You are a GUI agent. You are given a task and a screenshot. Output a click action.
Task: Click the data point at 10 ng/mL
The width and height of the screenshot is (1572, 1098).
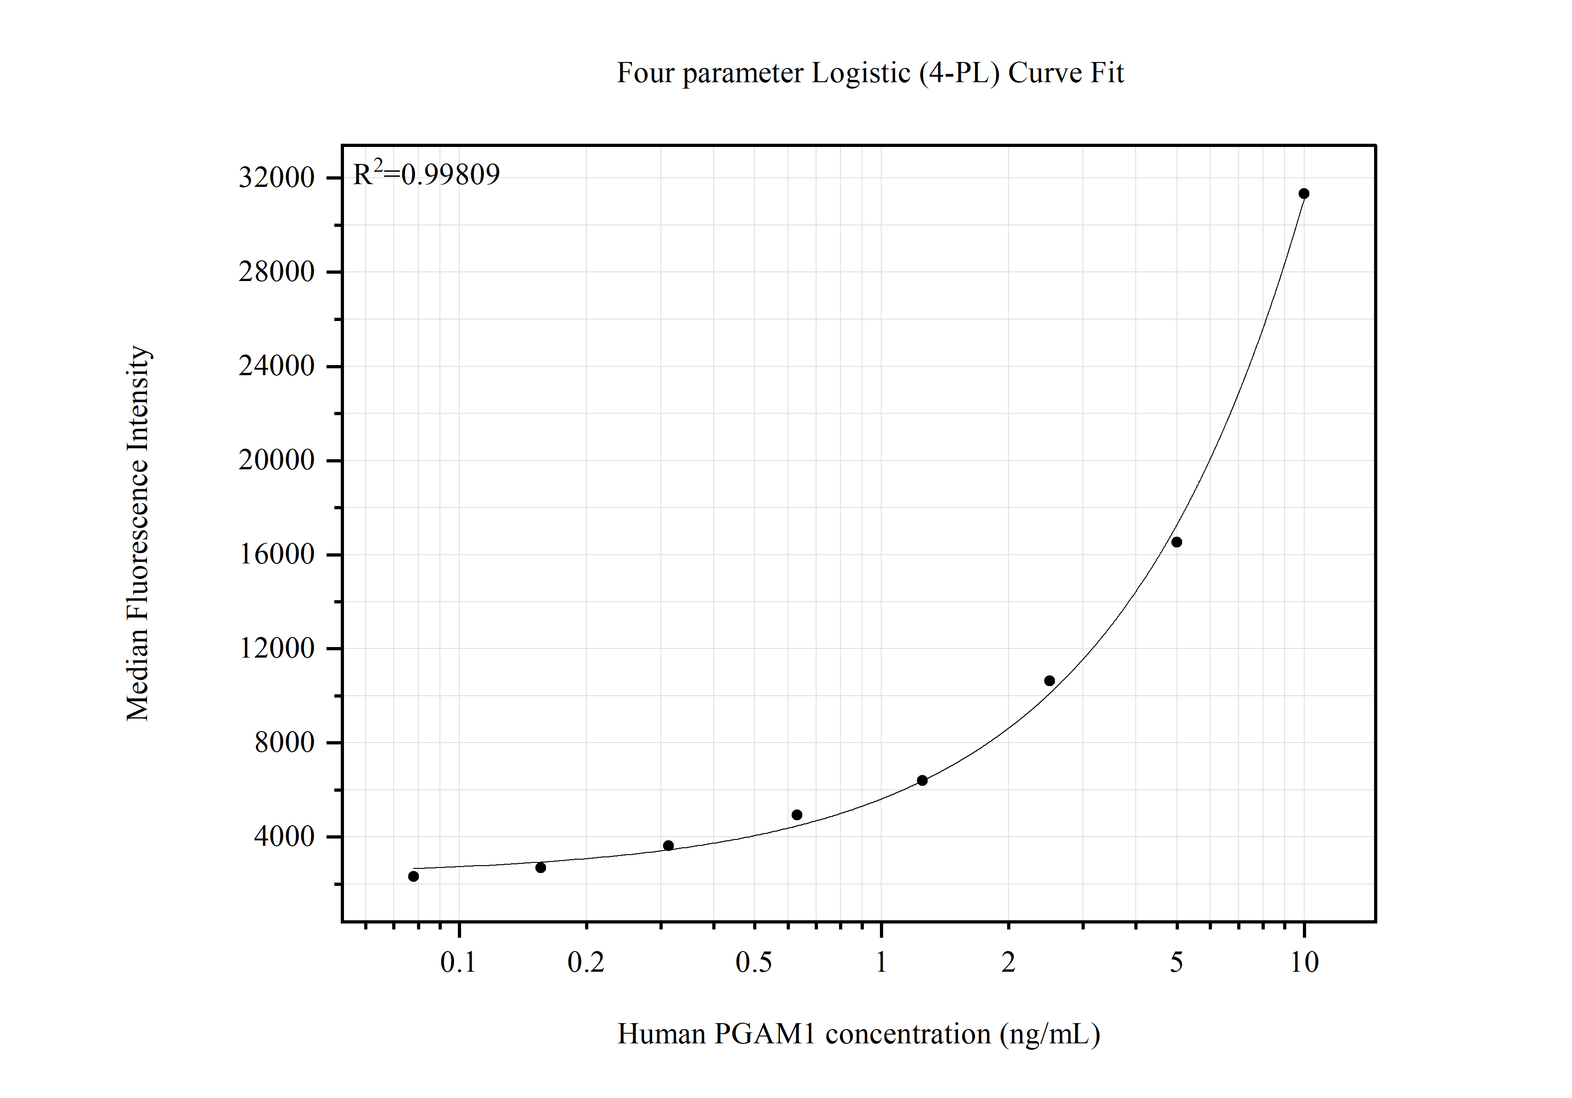click(1304, 194)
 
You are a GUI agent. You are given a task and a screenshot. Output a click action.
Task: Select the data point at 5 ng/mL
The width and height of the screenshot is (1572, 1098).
click(1176, 542)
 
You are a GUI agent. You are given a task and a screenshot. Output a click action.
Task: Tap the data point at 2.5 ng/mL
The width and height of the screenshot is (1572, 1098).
click(1049, 681)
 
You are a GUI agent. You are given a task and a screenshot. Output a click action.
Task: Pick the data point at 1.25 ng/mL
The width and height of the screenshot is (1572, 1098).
click(922, 780)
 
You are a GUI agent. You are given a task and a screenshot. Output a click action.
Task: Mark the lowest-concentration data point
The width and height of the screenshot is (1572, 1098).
click(413, 876)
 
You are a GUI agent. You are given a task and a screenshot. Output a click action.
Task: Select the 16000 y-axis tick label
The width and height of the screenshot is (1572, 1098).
click(276, 554)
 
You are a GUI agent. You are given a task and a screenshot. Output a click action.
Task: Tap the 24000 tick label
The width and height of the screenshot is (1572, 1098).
click(276, 366)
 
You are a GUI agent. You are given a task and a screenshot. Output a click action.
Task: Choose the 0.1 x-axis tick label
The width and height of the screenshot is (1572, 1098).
click(458, 963)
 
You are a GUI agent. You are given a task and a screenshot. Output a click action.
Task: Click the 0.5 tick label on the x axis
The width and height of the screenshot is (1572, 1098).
click(753, 963)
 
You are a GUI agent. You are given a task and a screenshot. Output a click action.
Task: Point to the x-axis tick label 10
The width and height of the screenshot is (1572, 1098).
click(1304, 963)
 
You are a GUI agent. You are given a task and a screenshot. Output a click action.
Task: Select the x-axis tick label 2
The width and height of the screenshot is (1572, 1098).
click(1008, 963)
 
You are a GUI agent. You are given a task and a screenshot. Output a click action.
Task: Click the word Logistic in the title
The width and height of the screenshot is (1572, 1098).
click(861, 73)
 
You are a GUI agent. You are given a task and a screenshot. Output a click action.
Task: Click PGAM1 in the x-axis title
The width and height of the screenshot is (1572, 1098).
click(765, 1034)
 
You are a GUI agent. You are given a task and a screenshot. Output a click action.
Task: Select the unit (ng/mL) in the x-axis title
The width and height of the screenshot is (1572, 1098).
click(1049, 1034)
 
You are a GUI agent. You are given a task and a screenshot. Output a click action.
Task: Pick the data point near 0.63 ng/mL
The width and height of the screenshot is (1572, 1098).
click(796, 815)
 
